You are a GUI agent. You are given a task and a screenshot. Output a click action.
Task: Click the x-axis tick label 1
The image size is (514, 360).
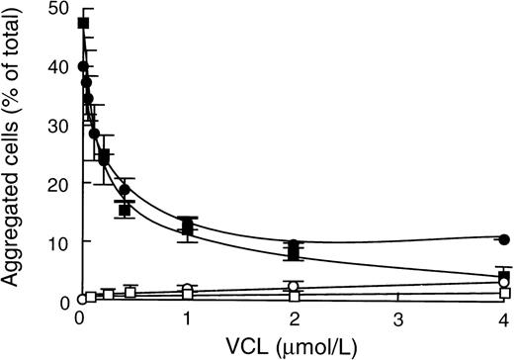pos(186,318)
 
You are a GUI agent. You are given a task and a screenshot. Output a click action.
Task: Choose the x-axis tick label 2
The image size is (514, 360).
pos(293,318)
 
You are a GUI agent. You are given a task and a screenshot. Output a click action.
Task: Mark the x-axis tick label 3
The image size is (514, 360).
pos(398,318)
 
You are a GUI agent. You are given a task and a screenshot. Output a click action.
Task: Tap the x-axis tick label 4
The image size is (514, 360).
pos(504,318)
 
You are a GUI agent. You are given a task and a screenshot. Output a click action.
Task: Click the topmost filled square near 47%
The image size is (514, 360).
pos(83,23)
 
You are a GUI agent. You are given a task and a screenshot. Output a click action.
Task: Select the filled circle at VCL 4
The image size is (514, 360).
pos(504,239)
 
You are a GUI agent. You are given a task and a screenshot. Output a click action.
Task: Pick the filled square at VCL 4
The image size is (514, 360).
pos(504,276)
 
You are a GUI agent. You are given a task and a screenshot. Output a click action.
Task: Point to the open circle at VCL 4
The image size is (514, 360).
pos(504,283)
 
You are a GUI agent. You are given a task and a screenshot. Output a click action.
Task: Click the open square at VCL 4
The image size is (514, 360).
pos(504,293)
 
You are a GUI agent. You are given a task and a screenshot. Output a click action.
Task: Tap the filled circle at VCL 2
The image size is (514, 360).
pos(293,244)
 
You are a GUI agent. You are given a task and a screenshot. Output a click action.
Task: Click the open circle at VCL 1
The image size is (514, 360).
pos(186,290)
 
